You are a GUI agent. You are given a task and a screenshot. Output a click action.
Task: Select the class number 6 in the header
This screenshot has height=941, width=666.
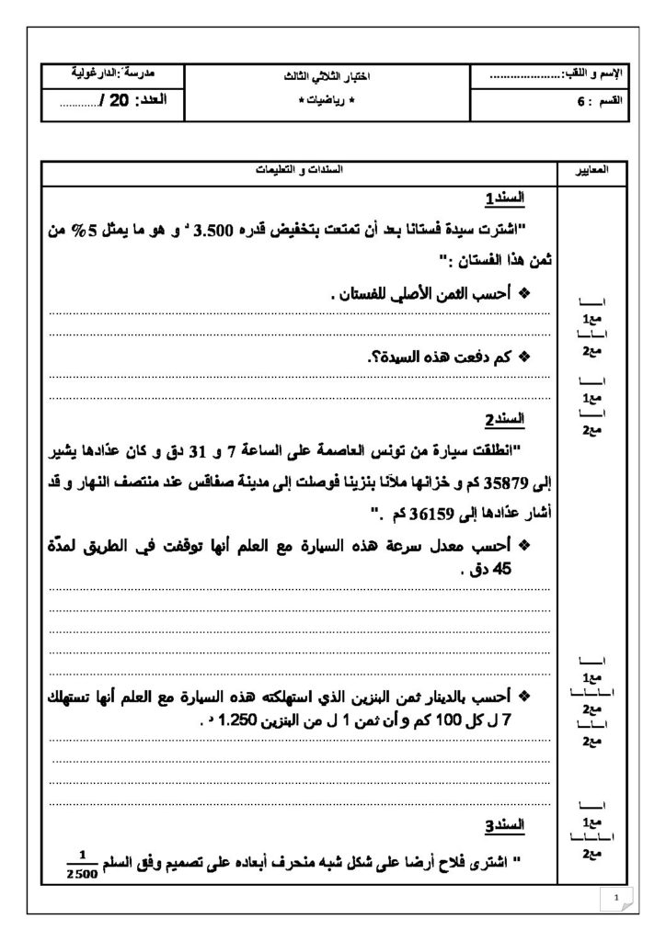coord(580,102)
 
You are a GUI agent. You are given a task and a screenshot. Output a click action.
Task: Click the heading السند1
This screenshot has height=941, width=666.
coord(505,198)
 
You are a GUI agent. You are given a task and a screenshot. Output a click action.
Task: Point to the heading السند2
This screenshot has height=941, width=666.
coord(505,419)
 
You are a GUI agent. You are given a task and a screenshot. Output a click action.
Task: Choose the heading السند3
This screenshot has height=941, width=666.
coord(505,823)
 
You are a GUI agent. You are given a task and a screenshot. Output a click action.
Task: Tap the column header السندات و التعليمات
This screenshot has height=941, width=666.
coord(297,172)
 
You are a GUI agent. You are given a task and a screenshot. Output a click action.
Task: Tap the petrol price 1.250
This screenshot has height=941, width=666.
coord(237,721)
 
